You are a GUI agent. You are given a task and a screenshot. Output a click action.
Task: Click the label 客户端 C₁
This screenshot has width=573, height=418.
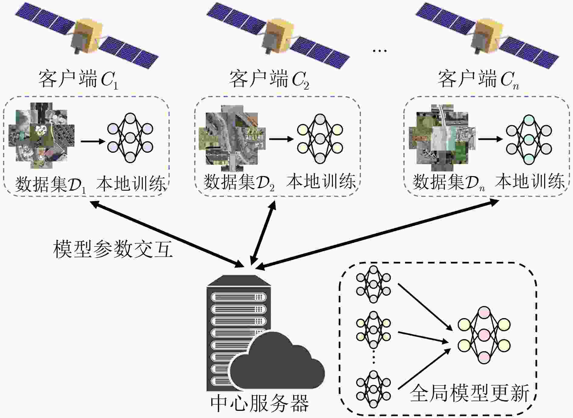(x=78, y=80)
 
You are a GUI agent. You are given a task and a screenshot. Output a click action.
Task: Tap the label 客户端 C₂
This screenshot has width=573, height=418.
(x=269, y=80)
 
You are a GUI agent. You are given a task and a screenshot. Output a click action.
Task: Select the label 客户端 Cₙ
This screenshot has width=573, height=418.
(x=478, y=80)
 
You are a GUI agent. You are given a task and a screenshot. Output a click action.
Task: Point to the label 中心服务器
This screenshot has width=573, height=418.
(x=260, y=403)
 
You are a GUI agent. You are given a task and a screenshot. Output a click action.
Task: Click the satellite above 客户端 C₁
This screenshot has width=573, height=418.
(x=87, y=36)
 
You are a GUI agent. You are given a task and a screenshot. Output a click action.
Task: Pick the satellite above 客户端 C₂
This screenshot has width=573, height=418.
(x=278, y=36)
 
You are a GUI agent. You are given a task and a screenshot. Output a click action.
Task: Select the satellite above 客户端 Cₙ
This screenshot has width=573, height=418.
(x=487, y=36)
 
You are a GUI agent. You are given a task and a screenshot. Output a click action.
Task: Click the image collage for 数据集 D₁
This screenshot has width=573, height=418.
(x=42, y=136)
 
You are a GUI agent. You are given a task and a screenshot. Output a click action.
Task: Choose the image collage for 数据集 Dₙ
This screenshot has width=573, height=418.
(x=442, y=138)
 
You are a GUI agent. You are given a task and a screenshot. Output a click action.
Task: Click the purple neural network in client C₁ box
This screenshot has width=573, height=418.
(x=130, y=138)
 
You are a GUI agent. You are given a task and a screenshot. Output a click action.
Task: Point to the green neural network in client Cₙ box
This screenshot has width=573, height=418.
(x=529, y=140)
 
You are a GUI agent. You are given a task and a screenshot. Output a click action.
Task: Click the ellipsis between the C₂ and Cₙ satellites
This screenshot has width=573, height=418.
(x=380, y=50)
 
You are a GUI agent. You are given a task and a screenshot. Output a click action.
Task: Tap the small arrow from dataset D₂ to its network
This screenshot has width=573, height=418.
(x=281, y=139)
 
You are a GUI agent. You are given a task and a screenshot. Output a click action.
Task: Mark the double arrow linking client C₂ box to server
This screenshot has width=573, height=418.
(x=263, y=233)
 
